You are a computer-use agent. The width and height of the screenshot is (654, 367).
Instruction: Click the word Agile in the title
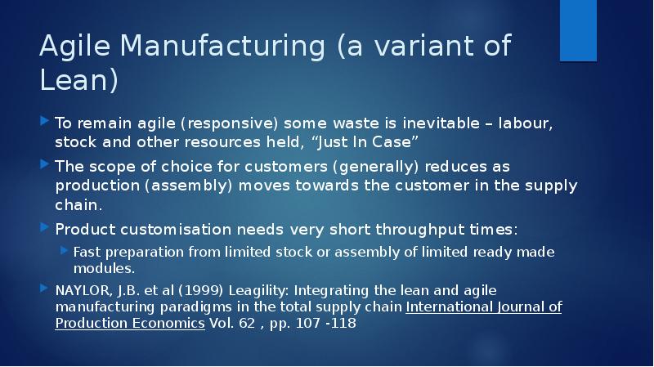74,47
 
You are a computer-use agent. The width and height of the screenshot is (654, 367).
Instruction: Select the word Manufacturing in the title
222,45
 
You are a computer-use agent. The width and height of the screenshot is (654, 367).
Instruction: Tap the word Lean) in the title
78,79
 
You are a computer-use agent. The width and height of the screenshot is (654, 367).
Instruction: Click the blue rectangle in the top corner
578,30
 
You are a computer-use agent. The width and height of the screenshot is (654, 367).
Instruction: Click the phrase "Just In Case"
365,141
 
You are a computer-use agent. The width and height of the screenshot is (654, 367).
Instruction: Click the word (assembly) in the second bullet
188,186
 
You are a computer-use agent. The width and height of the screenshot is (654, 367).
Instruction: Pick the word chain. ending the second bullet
78,205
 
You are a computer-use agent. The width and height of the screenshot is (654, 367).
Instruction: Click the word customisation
176,230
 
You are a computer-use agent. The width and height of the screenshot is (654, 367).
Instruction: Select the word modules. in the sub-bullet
104,268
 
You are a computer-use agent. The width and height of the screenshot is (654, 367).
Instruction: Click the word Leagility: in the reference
259,291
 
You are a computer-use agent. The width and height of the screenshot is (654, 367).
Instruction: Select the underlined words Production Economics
130,323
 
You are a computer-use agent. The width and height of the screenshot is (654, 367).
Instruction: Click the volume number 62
247,323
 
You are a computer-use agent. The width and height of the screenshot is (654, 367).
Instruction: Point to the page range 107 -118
325,323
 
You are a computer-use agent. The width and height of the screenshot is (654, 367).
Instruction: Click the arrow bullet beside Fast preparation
64,250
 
